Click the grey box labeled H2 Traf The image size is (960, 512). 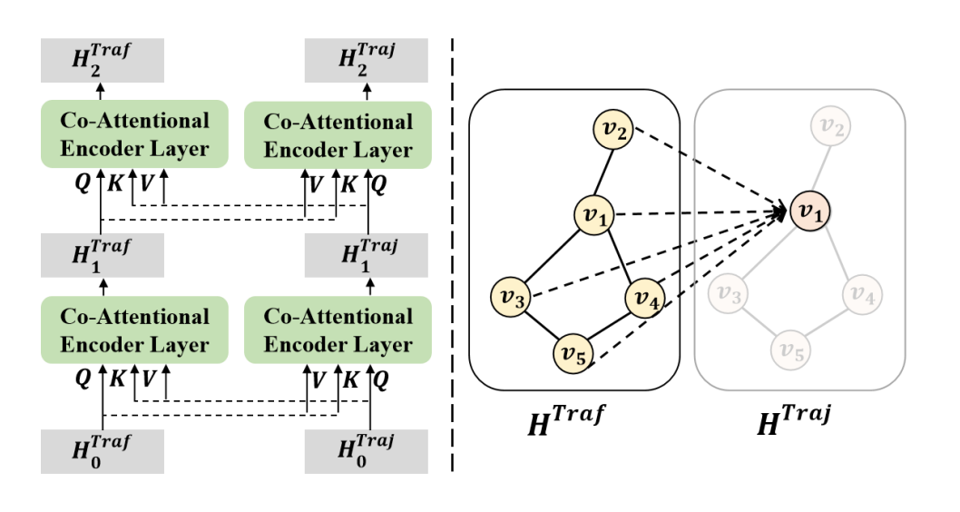[102, 60]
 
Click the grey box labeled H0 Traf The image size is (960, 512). [102, 451]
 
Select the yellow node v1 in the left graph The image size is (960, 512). [595, 216]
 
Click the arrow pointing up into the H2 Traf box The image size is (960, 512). [102, 91]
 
